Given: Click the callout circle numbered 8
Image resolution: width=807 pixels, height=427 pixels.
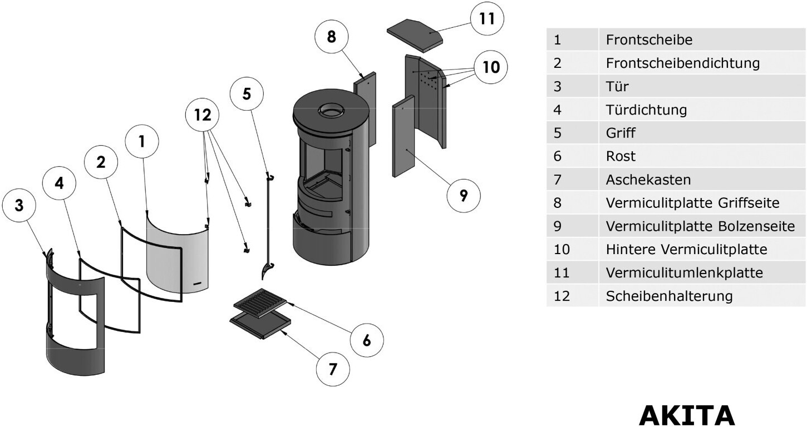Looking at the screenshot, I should [x=332, y=36].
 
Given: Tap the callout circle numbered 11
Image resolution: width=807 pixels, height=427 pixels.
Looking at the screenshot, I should [x=487, y=18].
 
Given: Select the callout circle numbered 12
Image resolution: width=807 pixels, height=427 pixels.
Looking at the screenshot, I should [x=203, y=115].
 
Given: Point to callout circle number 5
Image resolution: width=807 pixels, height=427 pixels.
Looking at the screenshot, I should [x=247, y=93].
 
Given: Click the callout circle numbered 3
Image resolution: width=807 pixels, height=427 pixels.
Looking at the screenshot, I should [x=19, y=205].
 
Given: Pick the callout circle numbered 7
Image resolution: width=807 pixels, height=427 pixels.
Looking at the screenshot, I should [x=333, y=369].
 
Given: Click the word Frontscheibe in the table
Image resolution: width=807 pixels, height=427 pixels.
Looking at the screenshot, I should [x=649, y=39].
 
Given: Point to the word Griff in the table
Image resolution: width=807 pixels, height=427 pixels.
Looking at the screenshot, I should [x=620, y=133].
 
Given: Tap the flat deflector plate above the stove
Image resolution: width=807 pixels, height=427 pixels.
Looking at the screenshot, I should [x=415, y=33].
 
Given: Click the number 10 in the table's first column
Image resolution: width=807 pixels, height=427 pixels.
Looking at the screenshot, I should [x=562, y=250].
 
